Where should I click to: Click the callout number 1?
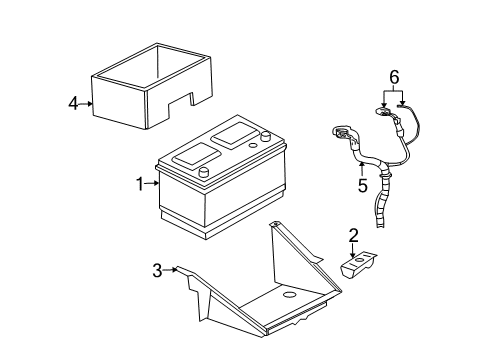[139, 183]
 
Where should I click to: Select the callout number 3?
[156, 269]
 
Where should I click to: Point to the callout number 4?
[72, 102]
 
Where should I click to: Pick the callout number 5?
[362, 184]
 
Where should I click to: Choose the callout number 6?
[394, 76]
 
